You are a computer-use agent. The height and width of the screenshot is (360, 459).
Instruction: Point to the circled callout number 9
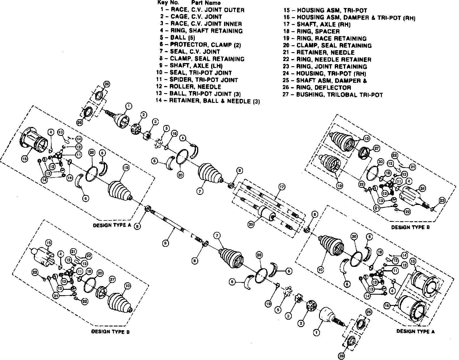click(x=165, y=243)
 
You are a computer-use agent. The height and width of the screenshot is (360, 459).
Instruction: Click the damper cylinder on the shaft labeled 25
click(x=266, y=214)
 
